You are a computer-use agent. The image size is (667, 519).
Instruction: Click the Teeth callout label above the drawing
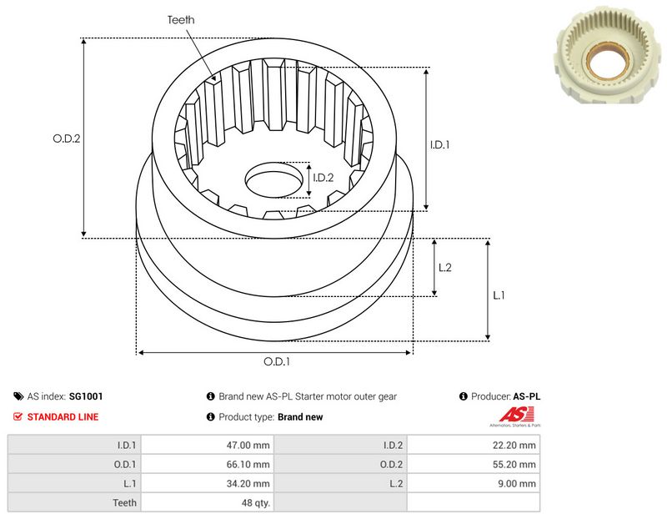181,20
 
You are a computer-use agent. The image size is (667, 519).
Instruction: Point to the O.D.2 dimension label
67,139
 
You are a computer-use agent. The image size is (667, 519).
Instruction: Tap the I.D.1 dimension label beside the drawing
440,144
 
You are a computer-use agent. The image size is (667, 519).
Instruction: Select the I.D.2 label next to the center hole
323,178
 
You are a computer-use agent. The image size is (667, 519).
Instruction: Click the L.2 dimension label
445,267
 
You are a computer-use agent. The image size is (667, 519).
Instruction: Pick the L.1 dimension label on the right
499,295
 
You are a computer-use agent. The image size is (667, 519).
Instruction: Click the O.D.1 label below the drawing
277,361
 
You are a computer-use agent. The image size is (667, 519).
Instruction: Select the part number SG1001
86,396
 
